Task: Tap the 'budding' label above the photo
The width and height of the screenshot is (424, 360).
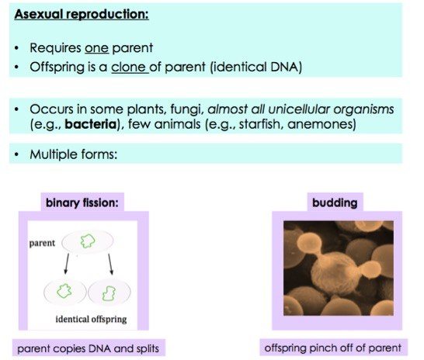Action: point(334,203)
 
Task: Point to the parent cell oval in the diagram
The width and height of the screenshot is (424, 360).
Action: point(88,243)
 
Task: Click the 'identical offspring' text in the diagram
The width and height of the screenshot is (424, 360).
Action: point(92,320)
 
